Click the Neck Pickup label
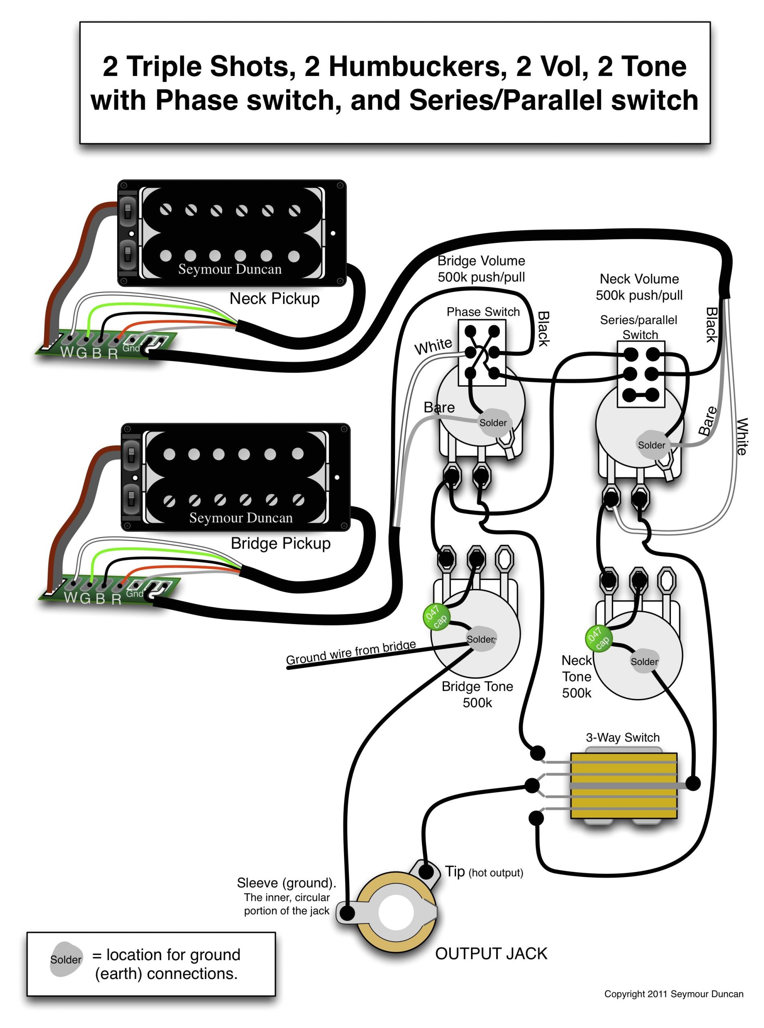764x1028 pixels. [274, 299]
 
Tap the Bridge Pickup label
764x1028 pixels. [280, 543]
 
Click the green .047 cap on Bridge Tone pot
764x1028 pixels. [436, 616]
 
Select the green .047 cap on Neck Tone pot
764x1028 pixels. [599, 638]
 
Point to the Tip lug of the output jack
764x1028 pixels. [426, 872]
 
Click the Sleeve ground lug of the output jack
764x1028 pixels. [347, 913]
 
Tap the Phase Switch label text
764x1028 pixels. [483, 312]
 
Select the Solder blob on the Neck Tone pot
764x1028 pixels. [644, 662]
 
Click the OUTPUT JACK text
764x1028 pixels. [491, 954]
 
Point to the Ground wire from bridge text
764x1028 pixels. [350, 652]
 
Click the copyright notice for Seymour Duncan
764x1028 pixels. [673, 994]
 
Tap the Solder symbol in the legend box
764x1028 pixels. [66, 960]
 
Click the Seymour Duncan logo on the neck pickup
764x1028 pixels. [230, 269]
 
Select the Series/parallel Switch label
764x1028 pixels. [639, 327]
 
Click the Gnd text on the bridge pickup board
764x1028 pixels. [134, 593]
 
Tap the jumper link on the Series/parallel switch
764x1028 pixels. [640, 395]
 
